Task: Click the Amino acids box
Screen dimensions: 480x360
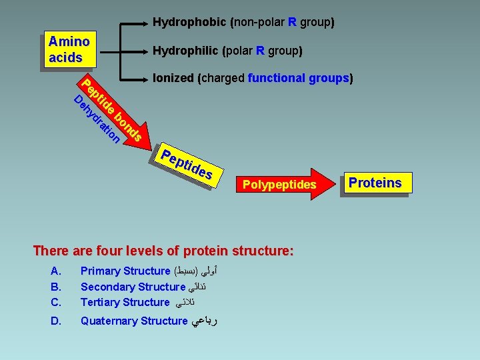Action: (x=69, y=49)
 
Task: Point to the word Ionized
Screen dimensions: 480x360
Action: (x=173, y=79)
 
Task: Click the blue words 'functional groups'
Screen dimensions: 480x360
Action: (x=298, y=79)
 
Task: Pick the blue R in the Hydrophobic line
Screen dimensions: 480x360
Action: (x=292, y=23)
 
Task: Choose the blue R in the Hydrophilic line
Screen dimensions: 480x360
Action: (x=260, y=51)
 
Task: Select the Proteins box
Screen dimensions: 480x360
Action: (x=375, y=183)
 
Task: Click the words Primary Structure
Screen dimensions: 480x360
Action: (x=125, y=271)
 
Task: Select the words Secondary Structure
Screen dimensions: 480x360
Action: (x=132, y=287)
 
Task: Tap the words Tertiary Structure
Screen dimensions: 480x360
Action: (x=125, y=302)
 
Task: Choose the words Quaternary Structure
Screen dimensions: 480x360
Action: (x=133, y=321)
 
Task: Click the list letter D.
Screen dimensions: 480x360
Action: (x=55, y=321)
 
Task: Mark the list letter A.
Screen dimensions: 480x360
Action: (x=55, y=271)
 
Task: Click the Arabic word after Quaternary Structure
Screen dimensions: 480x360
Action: (x=205, y=321)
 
